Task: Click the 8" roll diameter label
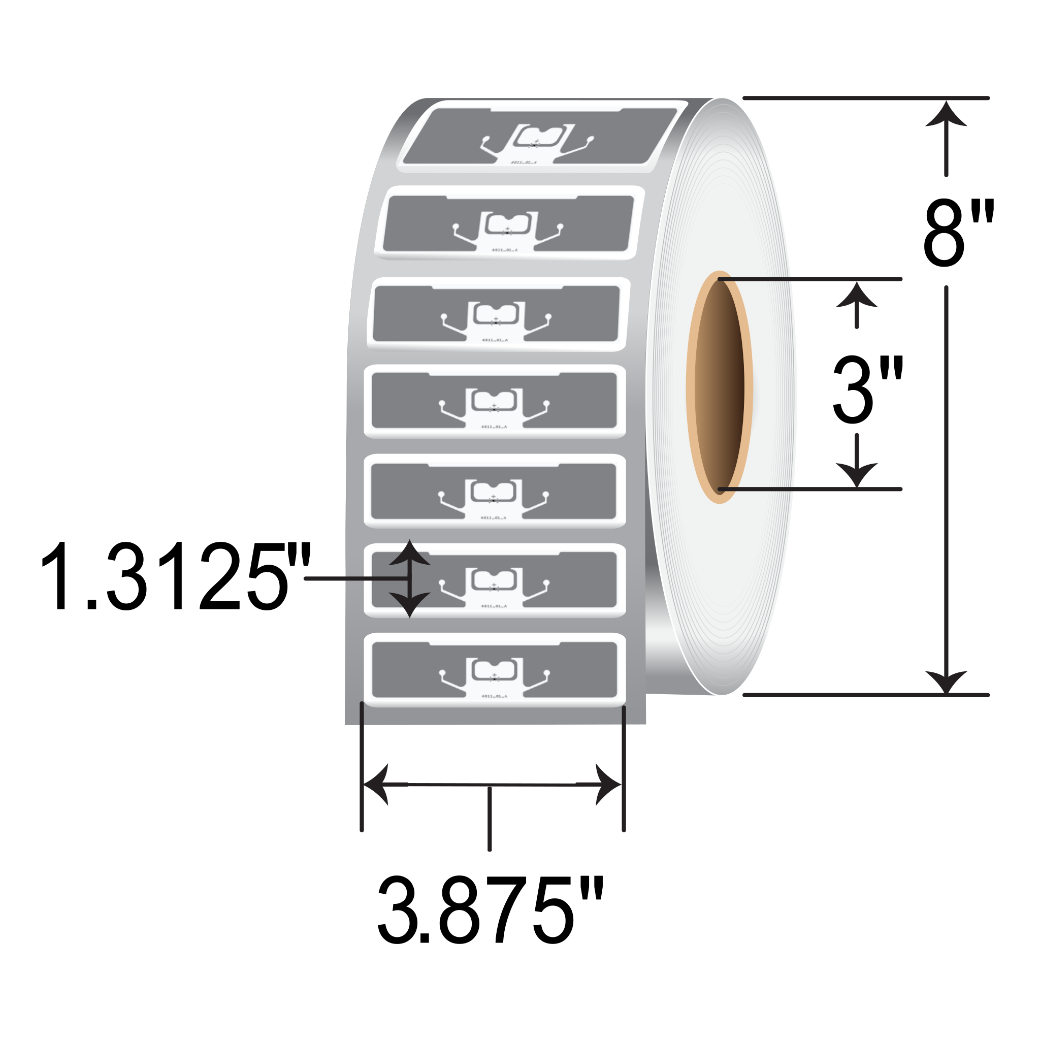[x=958, y=233]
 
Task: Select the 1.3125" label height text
[x=176, y=576]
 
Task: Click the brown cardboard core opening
[x=719, y=387]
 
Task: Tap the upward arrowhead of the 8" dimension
[x=946, y=115]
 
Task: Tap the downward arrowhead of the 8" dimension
[x=946, y=681]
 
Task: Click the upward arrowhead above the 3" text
[x=857, y=296]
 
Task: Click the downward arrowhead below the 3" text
[x=857, y=474]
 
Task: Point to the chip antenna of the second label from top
[x=508, y=225]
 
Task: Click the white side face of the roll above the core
[x=721, y=188]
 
